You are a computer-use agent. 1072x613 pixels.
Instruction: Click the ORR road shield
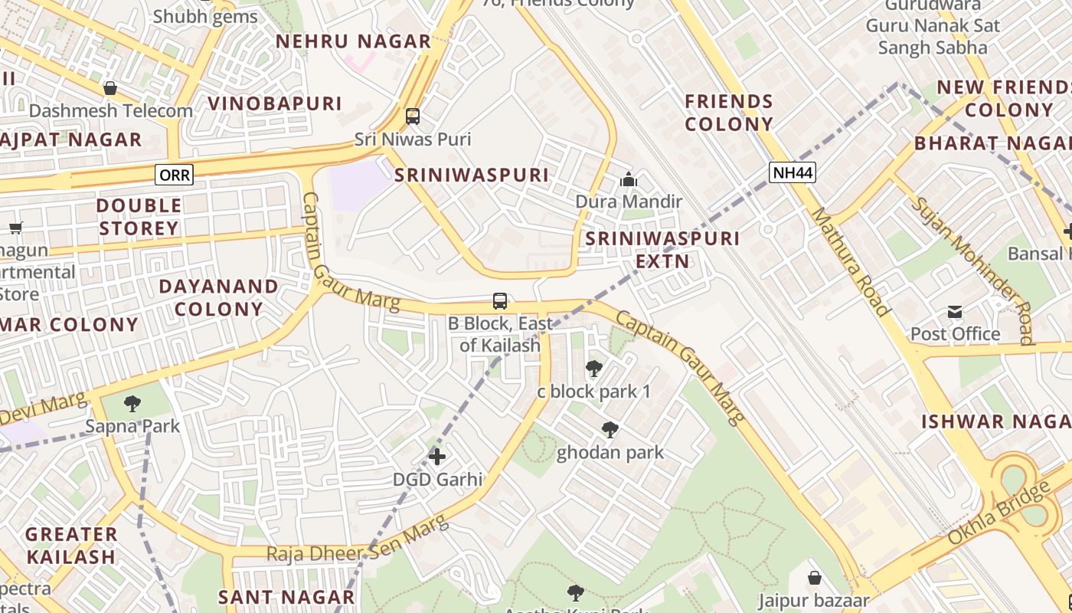[175, 175]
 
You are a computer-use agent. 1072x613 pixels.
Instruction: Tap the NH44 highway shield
[793, 172]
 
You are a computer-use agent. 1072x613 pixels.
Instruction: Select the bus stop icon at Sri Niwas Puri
[413, 116]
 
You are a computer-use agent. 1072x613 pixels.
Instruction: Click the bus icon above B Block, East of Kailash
[500, 300]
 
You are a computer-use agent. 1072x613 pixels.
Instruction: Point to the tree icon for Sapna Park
[132, 403]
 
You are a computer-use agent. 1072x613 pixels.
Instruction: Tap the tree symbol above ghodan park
[610, 430]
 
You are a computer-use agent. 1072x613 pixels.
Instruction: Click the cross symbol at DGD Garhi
[437, 457]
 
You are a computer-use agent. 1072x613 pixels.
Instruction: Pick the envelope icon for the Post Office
[955, 311]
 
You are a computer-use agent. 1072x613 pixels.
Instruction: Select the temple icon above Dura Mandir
[629, 180]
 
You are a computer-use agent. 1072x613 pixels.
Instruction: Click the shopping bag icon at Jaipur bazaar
[815, 577]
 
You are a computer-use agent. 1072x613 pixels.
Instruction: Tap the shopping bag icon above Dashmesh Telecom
[110, 88]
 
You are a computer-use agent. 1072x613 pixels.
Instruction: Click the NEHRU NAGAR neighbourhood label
[354, 41]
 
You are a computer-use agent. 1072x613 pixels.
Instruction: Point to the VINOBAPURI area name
[275, 103]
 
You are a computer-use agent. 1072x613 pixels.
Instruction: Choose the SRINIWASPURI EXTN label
[662, 250]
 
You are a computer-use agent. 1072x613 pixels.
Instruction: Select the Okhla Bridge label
[998, 513]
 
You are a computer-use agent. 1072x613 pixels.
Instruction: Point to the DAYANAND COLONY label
[218, 297]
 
